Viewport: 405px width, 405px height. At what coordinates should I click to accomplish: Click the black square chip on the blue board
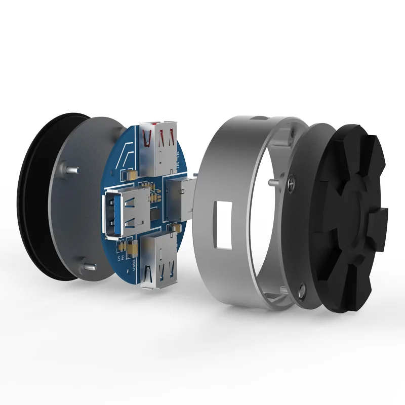(155, 215)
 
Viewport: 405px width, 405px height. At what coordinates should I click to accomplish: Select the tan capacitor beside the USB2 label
(132, 249)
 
